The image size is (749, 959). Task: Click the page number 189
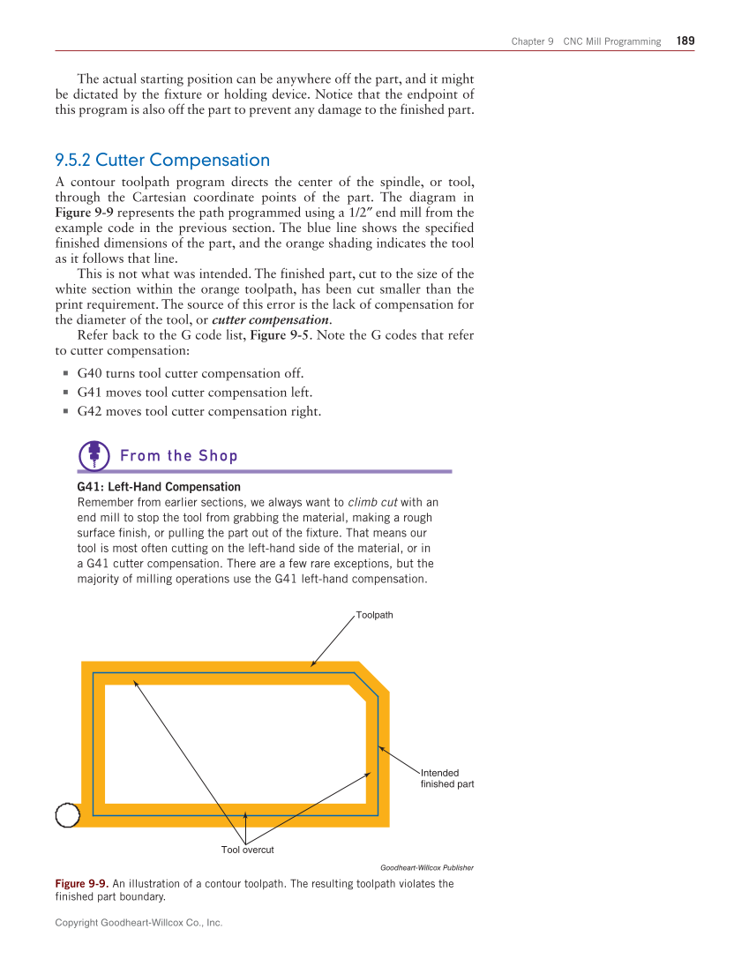[x=685, y=41]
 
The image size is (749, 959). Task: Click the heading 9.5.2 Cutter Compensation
[x=162, y=160]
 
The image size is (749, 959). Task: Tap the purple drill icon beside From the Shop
[x=94, y=455]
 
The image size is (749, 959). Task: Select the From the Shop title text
[x=178, y=455]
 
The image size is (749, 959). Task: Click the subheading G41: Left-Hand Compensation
[x=159, y=487]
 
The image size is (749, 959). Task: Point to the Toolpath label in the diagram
[x=374, y=615]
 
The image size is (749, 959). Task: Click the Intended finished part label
[x=446, y=778]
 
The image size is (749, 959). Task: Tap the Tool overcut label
[x=247, y=850]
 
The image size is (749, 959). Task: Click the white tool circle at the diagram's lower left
[x=68, y=815]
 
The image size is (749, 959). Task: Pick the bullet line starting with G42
[x=198, y=412]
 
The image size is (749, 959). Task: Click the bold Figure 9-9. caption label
[x=82, y=883]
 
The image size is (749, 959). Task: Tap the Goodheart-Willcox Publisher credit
[x=426, y=867]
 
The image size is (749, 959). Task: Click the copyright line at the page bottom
[x=139, y=923]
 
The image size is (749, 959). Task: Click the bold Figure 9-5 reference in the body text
[x=281, y=335]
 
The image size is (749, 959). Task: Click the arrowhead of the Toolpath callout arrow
[x=312, y=665]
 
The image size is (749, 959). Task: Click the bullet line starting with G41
[x=194, y=393]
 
